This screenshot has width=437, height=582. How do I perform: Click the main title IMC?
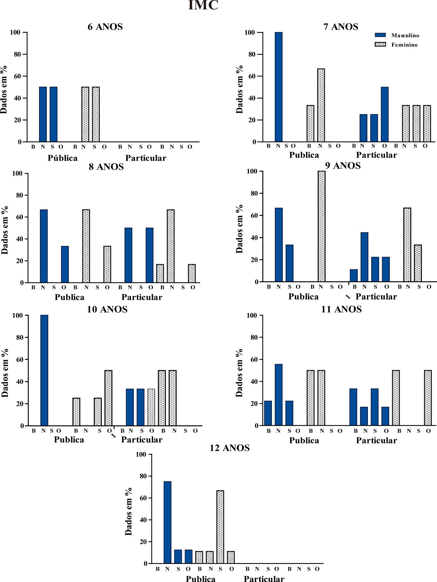(203, 5)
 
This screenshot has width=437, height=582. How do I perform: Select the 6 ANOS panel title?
(105, 27)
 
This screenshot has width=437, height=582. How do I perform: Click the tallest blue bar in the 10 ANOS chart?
(44, 370)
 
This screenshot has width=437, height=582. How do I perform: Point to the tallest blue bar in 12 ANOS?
(168, 522)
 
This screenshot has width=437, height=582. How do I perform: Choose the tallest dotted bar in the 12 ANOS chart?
(220, 527)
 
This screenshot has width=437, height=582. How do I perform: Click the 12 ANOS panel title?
(230, 448)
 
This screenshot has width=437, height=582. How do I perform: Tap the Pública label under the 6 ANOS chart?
(63, 158)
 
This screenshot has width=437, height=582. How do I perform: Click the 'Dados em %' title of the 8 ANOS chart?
(5, 230)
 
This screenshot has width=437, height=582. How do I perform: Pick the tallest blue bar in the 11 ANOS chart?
(279, 395)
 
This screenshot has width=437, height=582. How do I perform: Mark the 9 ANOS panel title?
(343, 166)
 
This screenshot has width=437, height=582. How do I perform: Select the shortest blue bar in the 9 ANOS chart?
(354, 276)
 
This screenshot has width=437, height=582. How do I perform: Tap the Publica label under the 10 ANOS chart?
(69, 439)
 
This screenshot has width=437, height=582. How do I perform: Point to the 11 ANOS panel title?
(341, 309)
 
